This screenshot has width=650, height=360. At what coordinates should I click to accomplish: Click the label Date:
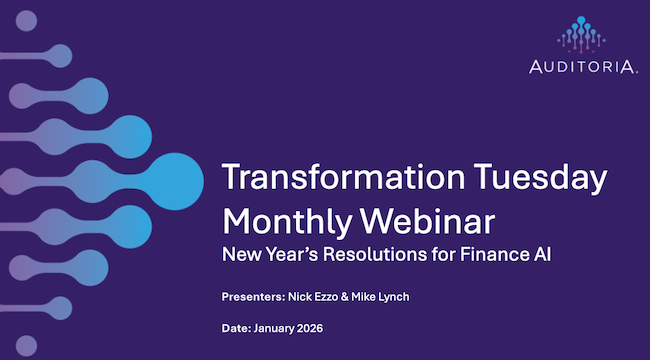238,328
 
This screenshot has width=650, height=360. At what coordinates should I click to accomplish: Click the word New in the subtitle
241,254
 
